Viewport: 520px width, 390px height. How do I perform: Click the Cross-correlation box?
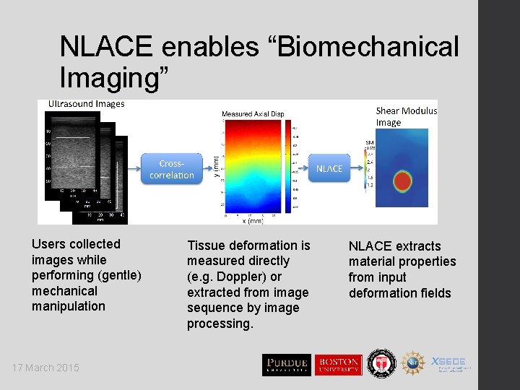(172, 169)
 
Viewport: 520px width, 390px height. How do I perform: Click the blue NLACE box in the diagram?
(329, 168)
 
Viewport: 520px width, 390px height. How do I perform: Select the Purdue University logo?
(286, 365)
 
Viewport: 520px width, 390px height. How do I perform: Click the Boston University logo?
(337, 365)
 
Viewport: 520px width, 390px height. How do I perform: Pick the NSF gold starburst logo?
(412, 363)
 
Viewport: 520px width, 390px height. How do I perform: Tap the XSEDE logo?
(451, 363)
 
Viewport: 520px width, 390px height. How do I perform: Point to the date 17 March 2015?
(45, 368)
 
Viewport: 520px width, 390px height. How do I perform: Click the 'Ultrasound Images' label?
(86, 104)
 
